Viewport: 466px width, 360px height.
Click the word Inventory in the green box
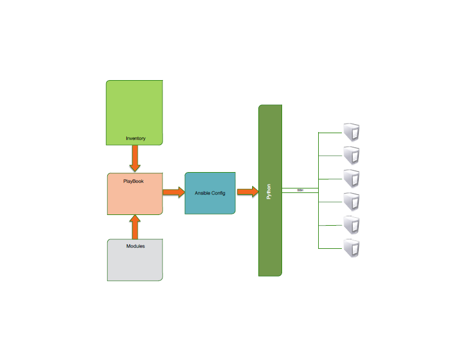tap(135, 138)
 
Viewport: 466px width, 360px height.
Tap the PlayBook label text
tap(134, 181)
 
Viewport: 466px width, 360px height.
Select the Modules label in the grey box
tap(135, 246)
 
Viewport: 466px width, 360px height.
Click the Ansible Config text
tap(210, 193)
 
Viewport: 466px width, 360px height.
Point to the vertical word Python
tap(269, 191)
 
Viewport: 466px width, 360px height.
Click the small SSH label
tap(300, 191)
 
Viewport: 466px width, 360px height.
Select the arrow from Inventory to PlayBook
tap(135, 159)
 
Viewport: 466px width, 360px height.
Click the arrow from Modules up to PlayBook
tap(135, 227)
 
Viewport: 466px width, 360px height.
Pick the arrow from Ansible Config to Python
tap(247, 192)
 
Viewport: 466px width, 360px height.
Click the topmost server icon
tap(352, 132)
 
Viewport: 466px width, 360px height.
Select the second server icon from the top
tap(352, 155)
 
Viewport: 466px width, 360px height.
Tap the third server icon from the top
tap(352, 178)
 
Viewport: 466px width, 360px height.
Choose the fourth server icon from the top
tap(352, 201)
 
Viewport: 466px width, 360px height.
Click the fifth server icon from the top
tap(352, 225)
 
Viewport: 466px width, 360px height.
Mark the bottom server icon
tap(352, 248)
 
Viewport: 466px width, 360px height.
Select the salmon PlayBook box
tap(135, 200)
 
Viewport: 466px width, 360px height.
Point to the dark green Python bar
tap(270, 237)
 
